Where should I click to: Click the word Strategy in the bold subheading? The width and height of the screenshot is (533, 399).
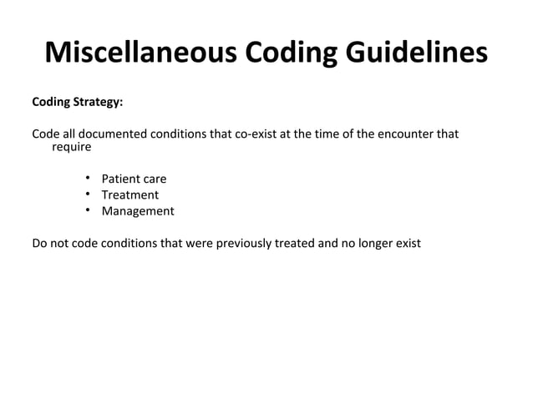pos(99,103)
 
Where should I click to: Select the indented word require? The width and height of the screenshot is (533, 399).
pos(71,147)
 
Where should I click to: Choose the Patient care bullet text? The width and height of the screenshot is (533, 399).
pos(134,179)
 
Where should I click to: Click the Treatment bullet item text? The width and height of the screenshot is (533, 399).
pos(129,195)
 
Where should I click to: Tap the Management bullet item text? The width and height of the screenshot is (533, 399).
pos(138,211)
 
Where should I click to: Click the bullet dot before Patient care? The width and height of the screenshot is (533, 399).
pos(88,179)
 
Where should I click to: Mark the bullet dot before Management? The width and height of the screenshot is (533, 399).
pos(88,210)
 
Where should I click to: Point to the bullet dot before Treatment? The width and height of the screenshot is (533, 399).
pos(88,194)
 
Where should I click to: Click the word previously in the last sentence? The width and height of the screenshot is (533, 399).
pos(242,245)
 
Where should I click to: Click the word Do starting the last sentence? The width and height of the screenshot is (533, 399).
pos(39,245)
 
